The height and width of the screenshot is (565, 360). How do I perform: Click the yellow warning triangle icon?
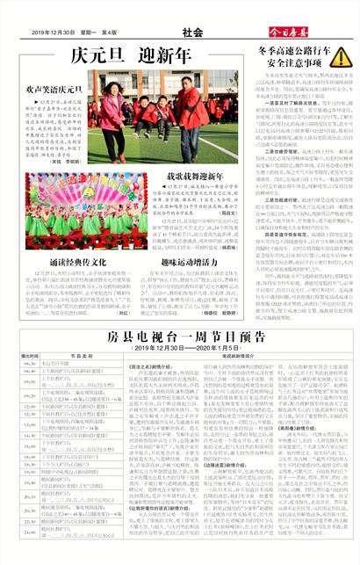pyautogui.click(x=340, y=57)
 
